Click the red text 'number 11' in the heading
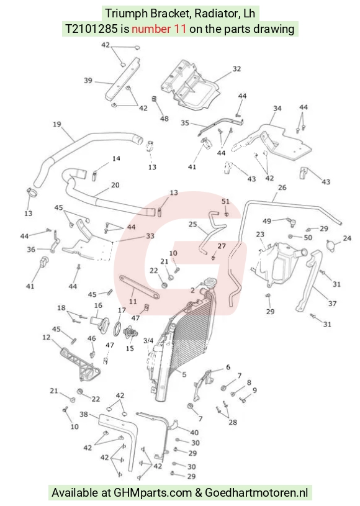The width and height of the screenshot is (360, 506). point(159,29)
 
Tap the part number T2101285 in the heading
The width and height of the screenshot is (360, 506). point(92,29)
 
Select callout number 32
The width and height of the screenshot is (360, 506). point(236,69)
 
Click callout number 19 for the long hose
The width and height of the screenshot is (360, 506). point(56,124)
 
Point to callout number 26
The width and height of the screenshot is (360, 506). point(282,187)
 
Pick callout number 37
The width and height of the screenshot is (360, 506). point(332,304)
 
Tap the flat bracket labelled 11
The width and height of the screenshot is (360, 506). point(140,287)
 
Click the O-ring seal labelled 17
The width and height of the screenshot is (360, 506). point(117,329)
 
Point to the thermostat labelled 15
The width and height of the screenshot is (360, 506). point(130,333)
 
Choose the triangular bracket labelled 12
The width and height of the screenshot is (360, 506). point(81,364)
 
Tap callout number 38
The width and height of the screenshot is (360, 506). point(84,414)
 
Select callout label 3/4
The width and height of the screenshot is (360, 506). point(148,341)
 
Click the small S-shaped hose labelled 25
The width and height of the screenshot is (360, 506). point(209,232)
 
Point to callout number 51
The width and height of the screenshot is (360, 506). point(225,201)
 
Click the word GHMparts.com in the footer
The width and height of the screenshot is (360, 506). point(153,493)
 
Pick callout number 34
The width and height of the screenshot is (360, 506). point(277,109)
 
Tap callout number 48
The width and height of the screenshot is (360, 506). point(164,119)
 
